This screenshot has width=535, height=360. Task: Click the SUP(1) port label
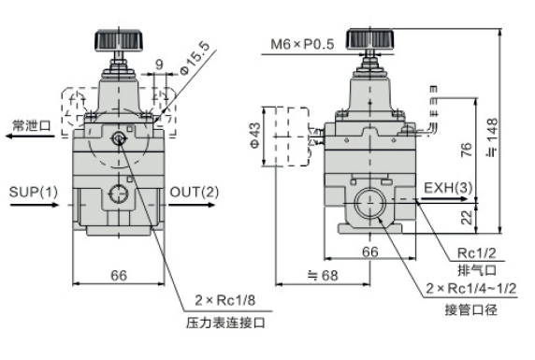tap(34, 193)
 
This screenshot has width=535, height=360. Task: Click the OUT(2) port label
tap(195, 193)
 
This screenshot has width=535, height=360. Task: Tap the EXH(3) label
tap(448, 189)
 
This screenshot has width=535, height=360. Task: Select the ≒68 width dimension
tap(322, 274)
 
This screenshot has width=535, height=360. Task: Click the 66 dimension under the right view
tap(369, 251)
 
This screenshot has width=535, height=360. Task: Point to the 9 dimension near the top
tap(160, 65)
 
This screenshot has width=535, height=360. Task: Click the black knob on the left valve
tap(119, 42)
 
